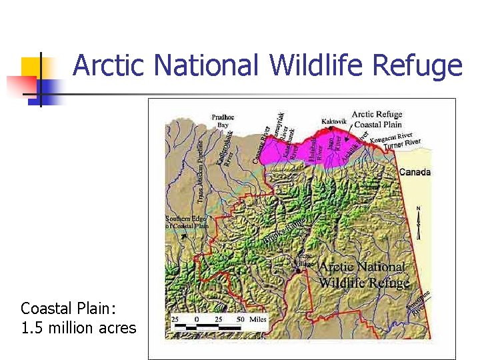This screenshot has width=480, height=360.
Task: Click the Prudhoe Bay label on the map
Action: coord(223,120)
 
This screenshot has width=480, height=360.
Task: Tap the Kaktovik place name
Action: coord(334,121)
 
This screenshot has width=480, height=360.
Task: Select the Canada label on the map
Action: coord(415,172)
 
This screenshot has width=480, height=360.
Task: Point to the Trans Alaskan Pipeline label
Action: coord(201,170)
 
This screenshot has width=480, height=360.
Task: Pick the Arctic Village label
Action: coord(304,259)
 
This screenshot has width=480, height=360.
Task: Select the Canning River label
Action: coord(260,144)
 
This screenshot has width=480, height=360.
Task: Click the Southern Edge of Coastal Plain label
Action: coord(187,222)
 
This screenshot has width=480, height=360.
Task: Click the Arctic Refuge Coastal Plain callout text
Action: coord(377,119)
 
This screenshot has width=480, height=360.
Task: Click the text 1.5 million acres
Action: coord(78,328)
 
